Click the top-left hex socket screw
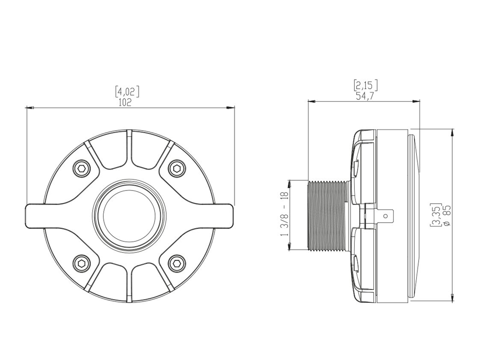[82, 168]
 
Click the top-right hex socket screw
[177, 168]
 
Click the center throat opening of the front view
[130, 215]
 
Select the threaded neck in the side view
[326, 215]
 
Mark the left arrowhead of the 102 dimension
[28, 108]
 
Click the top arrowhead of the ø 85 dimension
[453, 132]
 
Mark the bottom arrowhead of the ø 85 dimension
[453, 297]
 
